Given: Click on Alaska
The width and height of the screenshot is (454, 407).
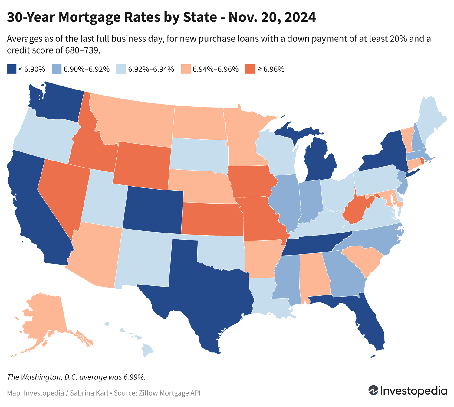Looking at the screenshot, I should [x=45, y=317].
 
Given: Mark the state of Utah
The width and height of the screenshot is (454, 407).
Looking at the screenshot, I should [x=103, y=200].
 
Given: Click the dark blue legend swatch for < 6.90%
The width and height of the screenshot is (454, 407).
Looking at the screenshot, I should [x=11, y=69].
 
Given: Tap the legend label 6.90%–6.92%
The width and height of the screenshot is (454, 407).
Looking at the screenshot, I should [x=87, y=69].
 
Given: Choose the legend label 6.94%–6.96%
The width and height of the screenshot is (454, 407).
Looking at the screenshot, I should [x=215, y=69].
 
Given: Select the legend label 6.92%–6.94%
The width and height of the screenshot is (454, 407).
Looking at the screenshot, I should [x=151, y=69].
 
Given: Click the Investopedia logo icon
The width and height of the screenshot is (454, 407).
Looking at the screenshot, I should [x=373, y=390].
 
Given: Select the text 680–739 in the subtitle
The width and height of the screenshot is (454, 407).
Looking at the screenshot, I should [x=82, y=50].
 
